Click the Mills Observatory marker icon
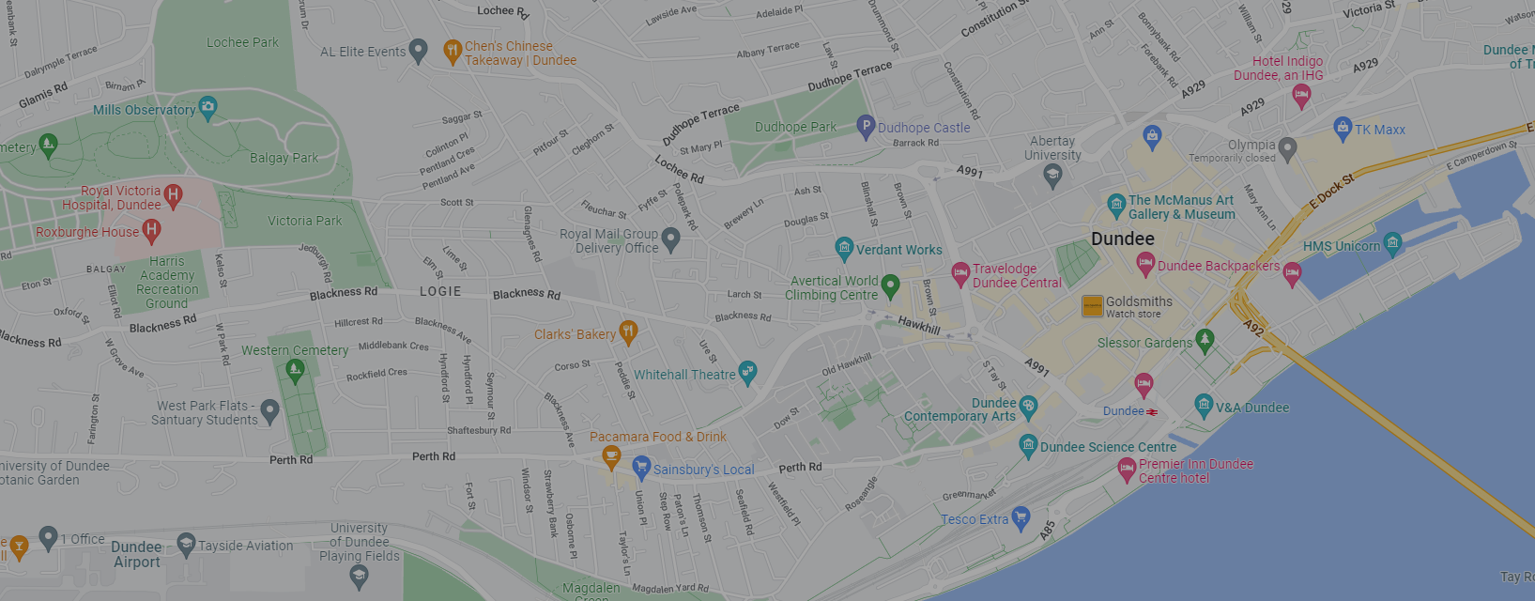(x=207, y=108)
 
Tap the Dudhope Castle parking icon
(x=866, y=127)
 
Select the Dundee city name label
(x=1122, y=239)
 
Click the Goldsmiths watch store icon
(x=1092, y=306)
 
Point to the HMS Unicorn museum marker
(x=1392, y=244)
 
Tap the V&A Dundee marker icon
(x=1204, y=406)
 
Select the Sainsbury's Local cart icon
(x=641, y=467)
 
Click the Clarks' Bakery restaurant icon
(x=628, y=331)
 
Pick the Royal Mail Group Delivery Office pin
(x=670, y=239)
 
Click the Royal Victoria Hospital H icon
(x=173, y=195)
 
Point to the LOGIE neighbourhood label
(x=440, y=292)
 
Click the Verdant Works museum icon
(x=844, y=248)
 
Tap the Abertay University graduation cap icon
(x=1052, y=175)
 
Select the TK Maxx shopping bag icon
(x=1343, y=128)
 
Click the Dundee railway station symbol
(x=1152, y=411)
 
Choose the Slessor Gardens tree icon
(x=1205, y=340)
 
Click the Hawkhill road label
(x=918, y=325)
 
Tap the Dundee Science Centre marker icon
(x=1028, y=445)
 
